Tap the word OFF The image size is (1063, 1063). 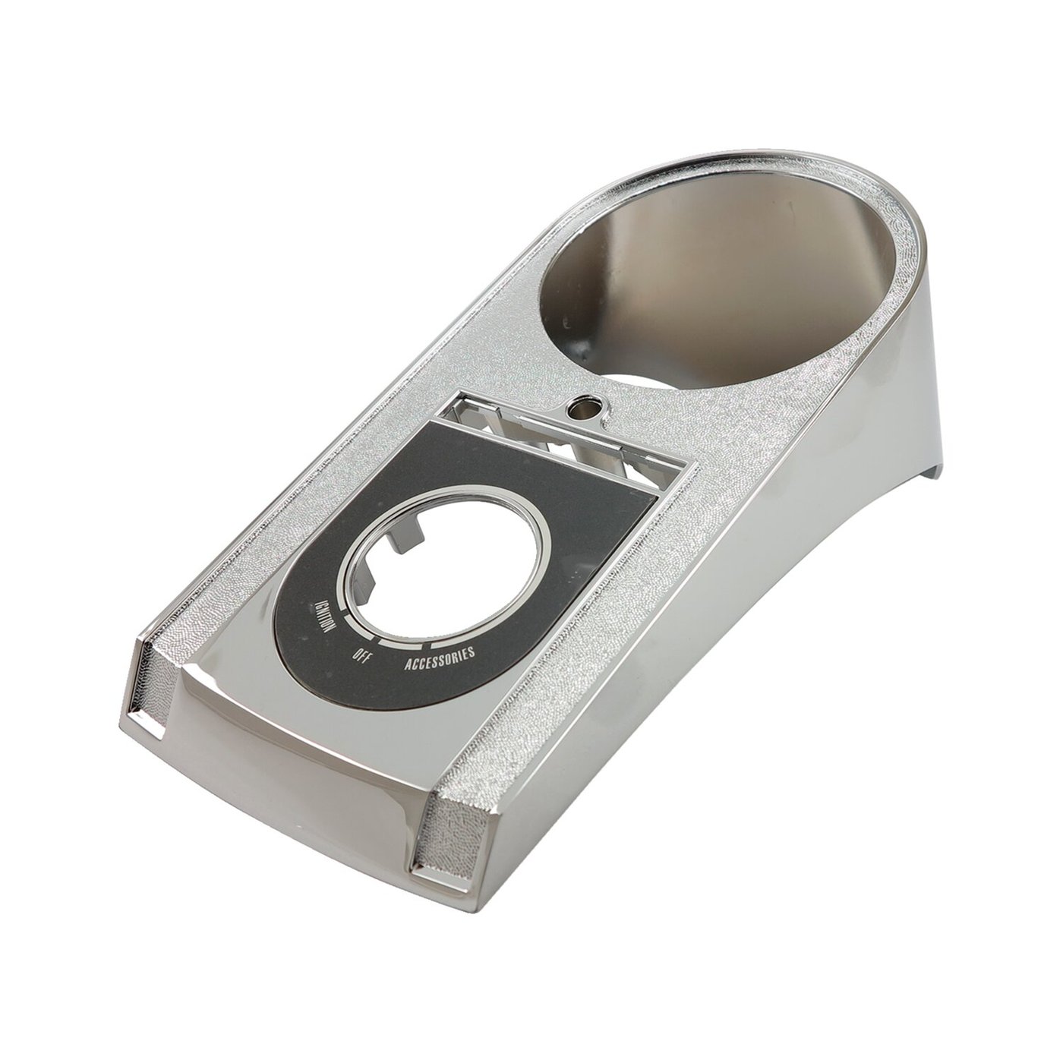(x=360, y=658)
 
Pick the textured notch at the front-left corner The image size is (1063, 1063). (x=144, y=684)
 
